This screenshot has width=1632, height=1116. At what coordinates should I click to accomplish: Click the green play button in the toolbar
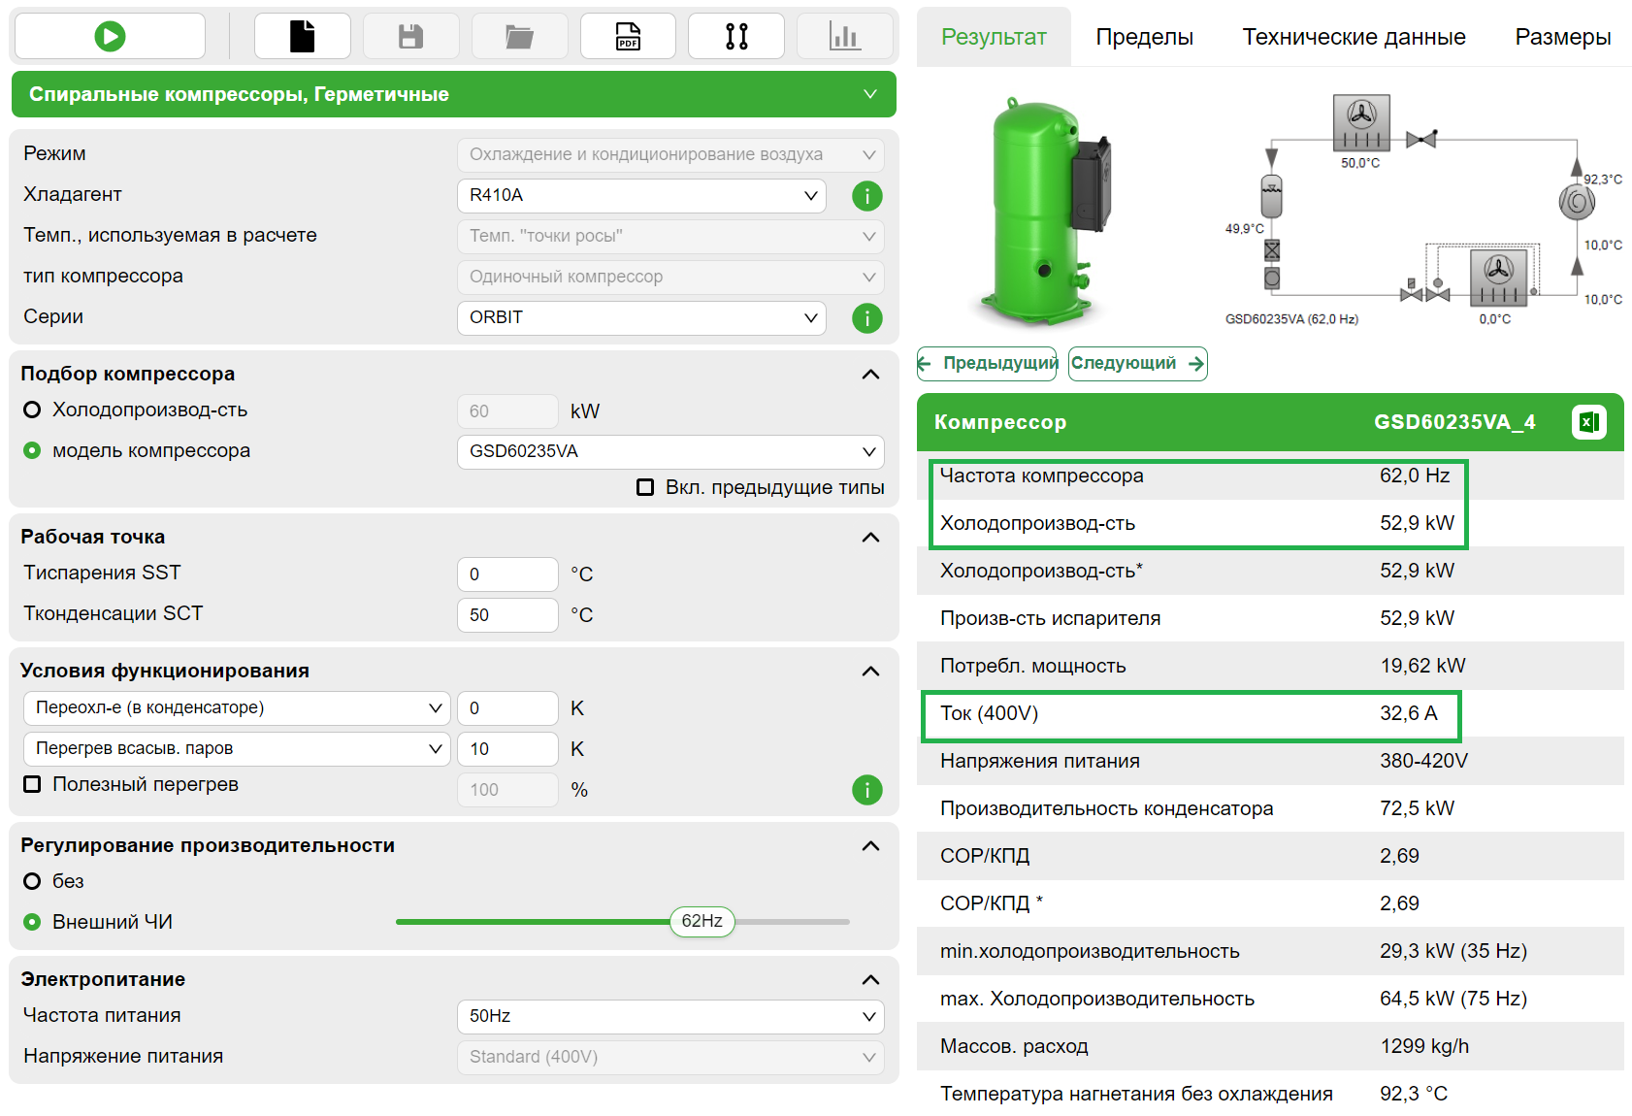pyautogui.click(x=110, y=37)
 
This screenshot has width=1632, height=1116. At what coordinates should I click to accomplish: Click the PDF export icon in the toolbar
pyautogui.click(x=628, y=37)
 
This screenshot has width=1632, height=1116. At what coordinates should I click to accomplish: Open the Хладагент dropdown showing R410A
pyautogui.click(x=640, y=195)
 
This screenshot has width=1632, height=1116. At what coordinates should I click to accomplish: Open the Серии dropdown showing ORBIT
pyautogui.click(x=640, y=317)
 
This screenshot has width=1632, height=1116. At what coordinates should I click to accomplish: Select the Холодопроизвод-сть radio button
pyautogui.click(x=32, y=410)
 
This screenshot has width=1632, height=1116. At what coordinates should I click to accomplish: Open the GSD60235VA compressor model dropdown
pyautogui.click(x=670, y=451)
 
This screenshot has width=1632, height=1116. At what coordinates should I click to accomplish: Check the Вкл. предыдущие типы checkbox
pyautogui.click(x=645, y=487)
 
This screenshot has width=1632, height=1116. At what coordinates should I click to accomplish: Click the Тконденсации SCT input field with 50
pyautogui.click(x=506, y=615)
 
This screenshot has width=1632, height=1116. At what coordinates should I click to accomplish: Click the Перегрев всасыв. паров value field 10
pyautogui.click(x=506, y=749)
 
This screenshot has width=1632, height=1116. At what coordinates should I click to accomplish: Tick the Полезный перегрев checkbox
pyautogui.click(x=32, y=784)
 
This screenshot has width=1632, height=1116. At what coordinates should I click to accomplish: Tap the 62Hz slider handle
pyautogui.click(x=702, y=921)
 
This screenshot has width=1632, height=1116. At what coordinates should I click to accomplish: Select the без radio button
pyautogui.click(x=32, y=881)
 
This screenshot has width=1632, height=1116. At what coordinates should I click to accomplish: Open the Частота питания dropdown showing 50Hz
pyautogui.click(x=670, y=1016)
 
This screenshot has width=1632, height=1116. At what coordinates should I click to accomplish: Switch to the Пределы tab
pyautogui.click(x=1144, y=37)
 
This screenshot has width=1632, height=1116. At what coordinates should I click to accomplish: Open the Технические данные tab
pyautogui.click(x=1354, y=37)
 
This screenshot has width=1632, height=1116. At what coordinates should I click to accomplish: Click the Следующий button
pyautogui.click(x=1137, y=364)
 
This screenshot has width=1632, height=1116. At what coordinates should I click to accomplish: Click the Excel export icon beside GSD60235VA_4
pyautogui.click(x=1588, y=422)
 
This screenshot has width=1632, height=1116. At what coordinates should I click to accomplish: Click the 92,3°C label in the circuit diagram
pyautogui.click(x=1603, y=180)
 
